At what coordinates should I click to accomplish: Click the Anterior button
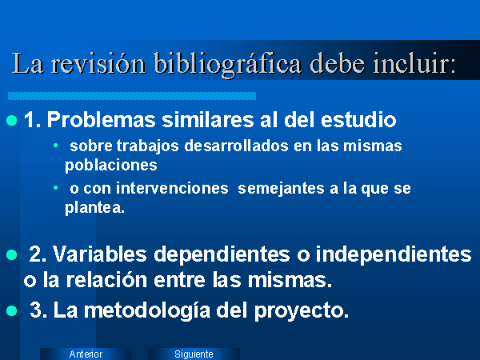click(x=86, y=354)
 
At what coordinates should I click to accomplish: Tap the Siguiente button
click(x=194, y=354)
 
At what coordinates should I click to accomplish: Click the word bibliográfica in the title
click(x=227, y=64)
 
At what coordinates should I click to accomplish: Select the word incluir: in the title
click(x=414, y=63)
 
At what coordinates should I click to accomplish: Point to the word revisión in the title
click(x=98, y=63)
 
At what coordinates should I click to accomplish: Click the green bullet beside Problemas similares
click(x=12, y=120)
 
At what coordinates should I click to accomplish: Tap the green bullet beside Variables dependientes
click(x=12, y=254)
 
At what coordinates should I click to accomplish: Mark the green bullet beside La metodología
click(x=12, y=310)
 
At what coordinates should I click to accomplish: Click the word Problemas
click(x=102, y=119)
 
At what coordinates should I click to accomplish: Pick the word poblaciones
click(x=111, y=166)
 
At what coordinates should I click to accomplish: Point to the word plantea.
click(x=95, y=209)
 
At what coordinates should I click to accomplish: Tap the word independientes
click(x=394, y=255)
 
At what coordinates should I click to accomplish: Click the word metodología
click(x=147, y=311)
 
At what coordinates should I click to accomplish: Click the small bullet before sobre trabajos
click(x=55, y=145)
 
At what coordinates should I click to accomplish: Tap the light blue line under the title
click(x=132, y=96)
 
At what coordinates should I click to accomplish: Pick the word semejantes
click(x=281, y=189)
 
